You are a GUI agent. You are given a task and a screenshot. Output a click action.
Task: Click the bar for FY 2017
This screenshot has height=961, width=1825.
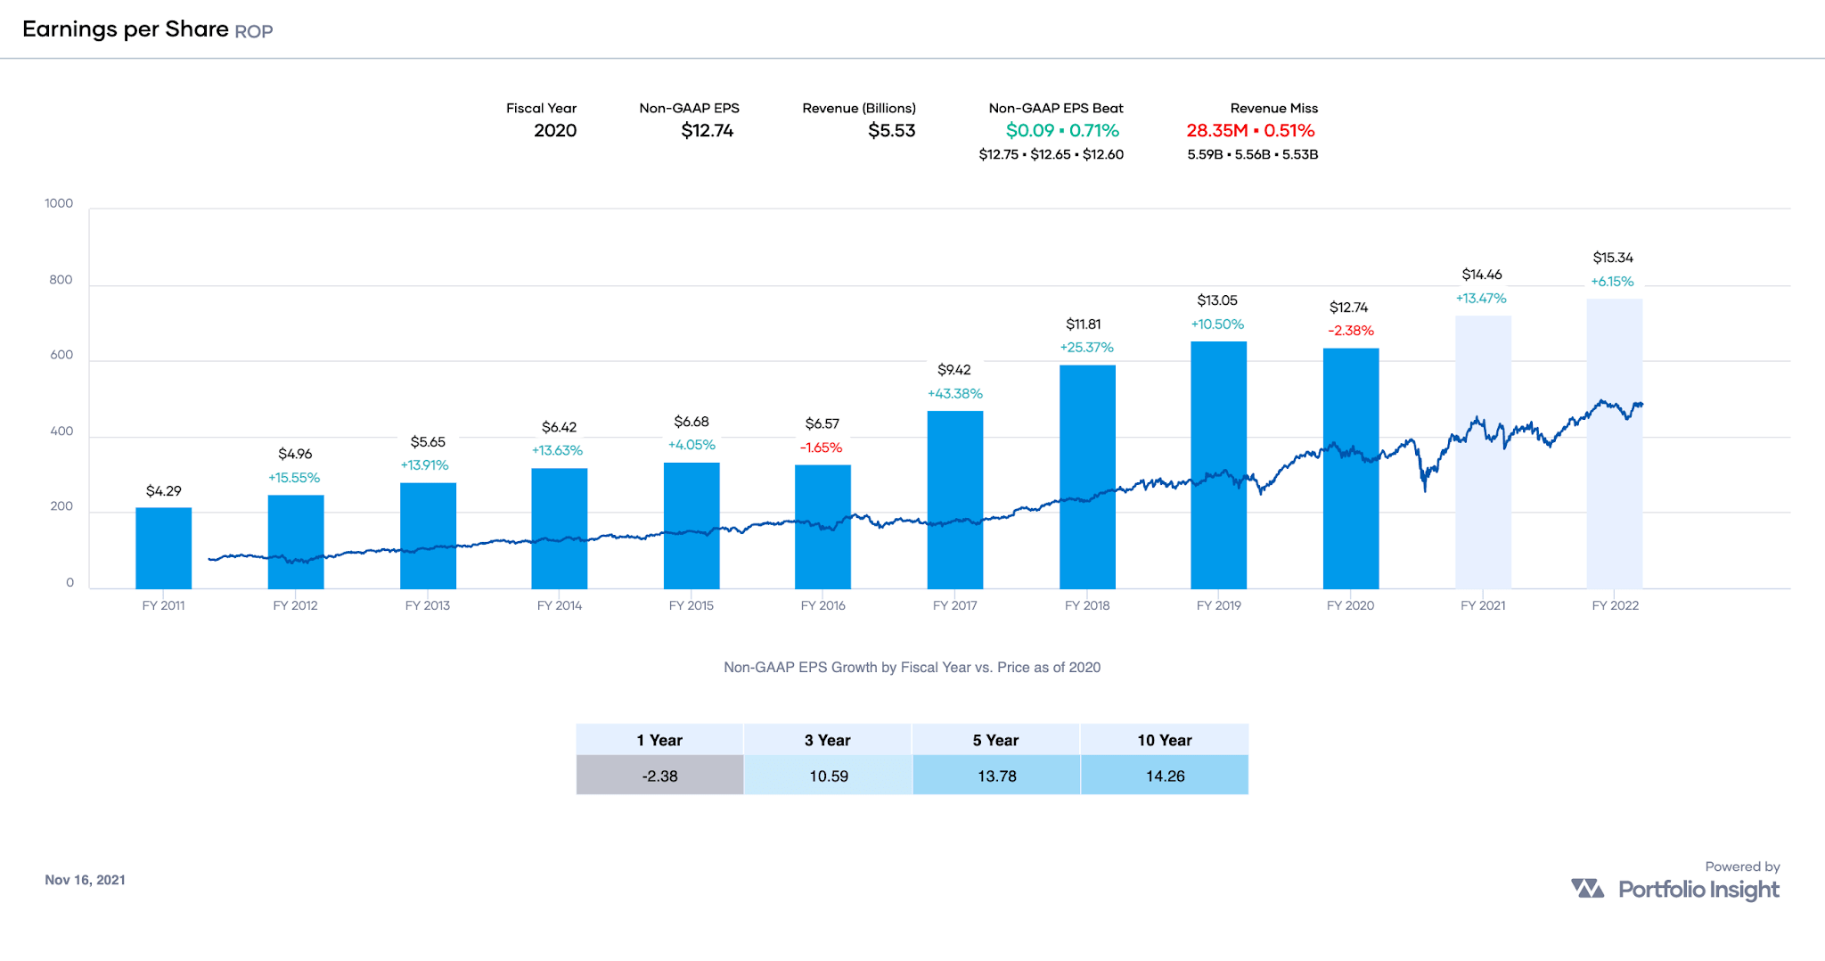coord(954,499)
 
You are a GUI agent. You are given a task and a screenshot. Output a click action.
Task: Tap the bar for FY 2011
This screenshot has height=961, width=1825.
coord(163,547)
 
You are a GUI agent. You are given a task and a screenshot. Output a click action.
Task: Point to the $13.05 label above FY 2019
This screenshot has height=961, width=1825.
coord(1217,300)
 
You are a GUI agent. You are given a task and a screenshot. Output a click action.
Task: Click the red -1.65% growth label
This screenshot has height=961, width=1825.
coord(821,448)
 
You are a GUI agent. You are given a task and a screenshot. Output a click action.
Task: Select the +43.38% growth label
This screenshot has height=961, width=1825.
coord(954,393)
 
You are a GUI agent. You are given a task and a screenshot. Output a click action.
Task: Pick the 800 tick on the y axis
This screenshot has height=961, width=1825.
coord(61,280)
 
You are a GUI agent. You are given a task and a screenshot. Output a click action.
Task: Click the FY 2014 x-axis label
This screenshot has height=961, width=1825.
coord(559,605)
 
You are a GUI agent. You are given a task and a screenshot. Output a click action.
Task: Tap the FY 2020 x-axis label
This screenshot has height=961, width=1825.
coord(1350,605)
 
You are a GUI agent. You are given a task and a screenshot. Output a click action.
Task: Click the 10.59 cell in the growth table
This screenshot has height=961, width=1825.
coord(828,776)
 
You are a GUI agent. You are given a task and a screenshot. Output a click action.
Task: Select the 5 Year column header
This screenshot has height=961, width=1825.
coord(995,740)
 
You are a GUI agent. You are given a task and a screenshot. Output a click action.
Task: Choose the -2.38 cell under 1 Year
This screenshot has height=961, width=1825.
coord(659,776)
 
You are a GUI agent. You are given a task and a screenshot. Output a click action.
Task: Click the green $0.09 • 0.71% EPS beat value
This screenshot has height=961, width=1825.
coord(1062,130)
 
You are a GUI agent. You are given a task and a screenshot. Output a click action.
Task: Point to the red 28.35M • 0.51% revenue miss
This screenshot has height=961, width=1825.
coord(1250,130)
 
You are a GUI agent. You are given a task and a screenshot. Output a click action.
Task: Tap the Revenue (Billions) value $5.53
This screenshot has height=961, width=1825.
coord(891,130)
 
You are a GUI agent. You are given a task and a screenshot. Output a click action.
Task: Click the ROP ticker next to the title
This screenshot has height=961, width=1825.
coord(254,31)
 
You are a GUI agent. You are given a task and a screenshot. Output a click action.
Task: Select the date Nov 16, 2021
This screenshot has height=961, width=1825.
coord(85,880)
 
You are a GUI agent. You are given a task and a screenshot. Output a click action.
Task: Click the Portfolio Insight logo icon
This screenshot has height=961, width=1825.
coord(1587,888)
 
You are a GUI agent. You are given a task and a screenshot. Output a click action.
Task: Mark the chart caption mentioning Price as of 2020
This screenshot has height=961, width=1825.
coord(912,667)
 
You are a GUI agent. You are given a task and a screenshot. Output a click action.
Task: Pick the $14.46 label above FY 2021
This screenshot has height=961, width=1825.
coord(1481,275)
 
